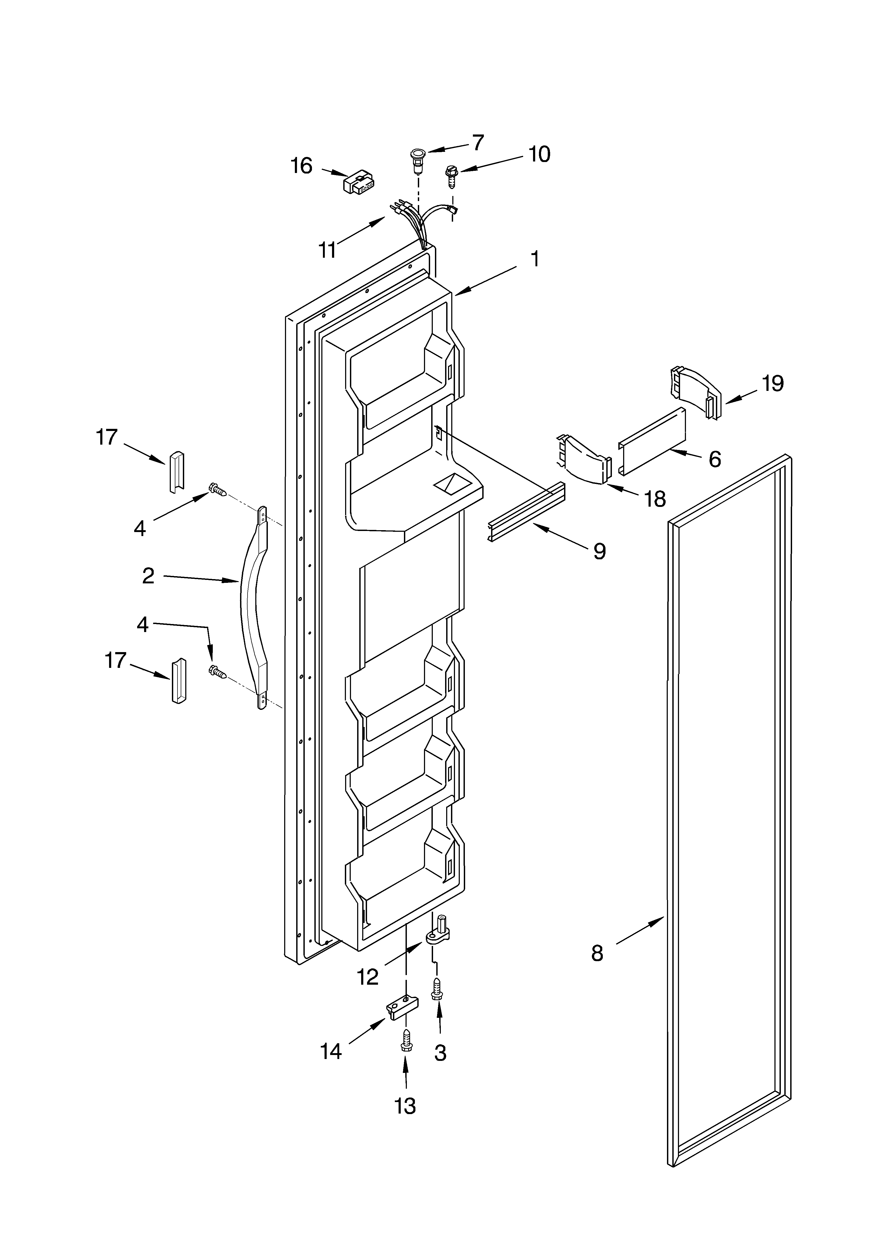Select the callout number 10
click(539, 155)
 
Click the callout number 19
click(772, 384)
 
